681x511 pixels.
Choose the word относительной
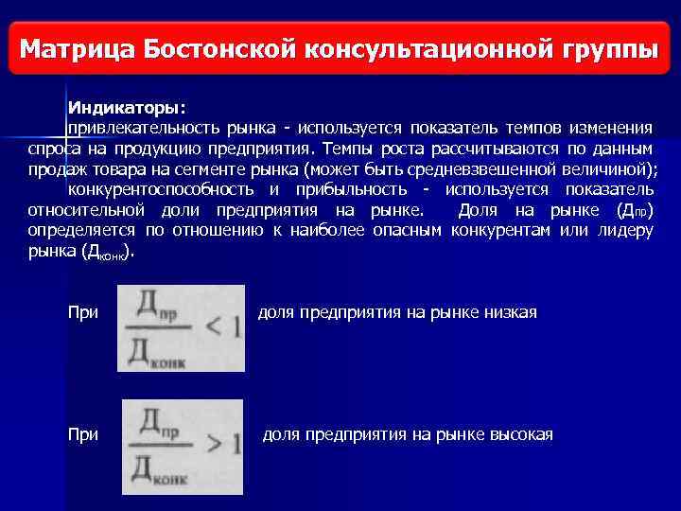pos(83,210)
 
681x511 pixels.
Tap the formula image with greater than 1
pos(183,446)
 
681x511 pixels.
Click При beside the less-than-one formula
pos(83,312)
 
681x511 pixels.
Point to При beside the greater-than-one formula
pos(83,434)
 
